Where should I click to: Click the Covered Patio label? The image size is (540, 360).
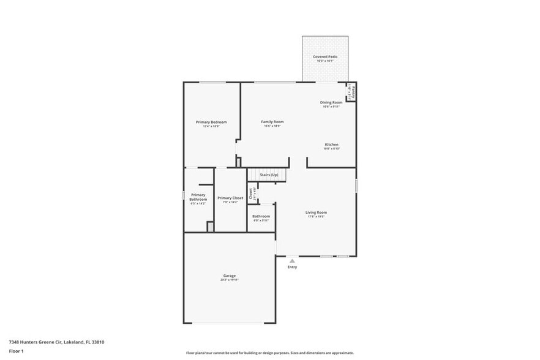click(x=325, y=56)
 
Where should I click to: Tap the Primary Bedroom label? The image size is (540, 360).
click(x=211, y=122)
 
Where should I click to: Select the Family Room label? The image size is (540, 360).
click(x=272, y=122)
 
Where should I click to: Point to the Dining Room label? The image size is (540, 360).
click(x=331, y=102)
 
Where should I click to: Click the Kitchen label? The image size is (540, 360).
click(x=331, y=144)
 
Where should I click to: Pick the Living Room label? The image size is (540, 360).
click(x=317, y=212)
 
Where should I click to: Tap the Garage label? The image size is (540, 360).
click(x=230, y=276)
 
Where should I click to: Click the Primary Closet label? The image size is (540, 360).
click(x=230, y=198)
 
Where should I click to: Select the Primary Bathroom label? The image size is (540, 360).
click(x=198, y=197)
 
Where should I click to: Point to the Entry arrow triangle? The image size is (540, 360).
click(x=292, y=260)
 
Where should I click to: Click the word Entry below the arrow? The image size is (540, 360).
click(x=292, y=267)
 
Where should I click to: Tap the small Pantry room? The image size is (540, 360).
click(x=351, y=92)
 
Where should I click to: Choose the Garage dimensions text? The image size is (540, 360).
click(x=230, y=280)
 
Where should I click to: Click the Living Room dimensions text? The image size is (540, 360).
click(x=317, y=217)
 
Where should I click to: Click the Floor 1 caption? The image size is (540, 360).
click(x=16, y=351)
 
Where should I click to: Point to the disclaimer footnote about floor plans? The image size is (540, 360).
click(x=269, y=353)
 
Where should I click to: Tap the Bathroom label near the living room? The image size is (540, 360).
click(x=261, y=216)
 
